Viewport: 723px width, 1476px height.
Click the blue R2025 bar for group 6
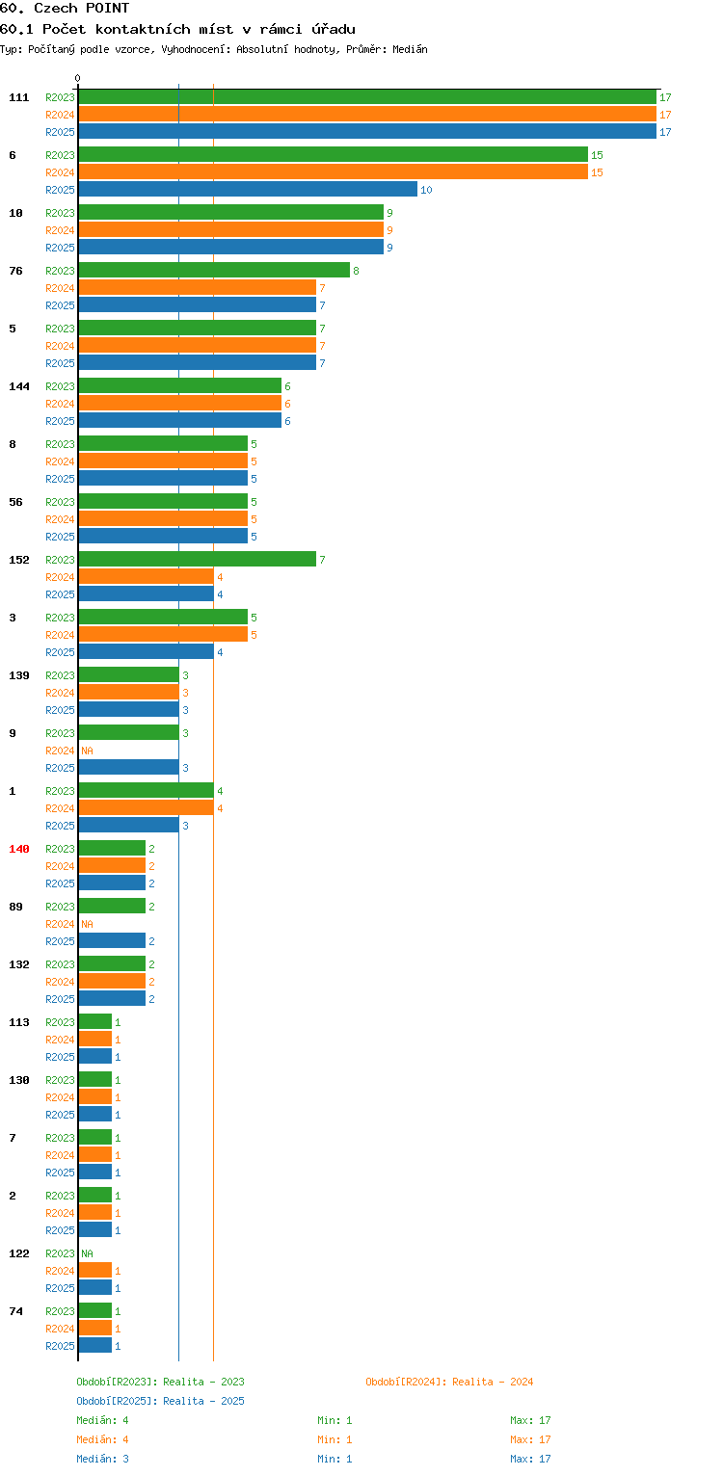coord(248,189)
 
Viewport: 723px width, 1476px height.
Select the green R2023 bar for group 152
coord(197,559)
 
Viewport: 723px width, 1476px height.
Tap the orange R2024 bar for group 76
coord(197,287)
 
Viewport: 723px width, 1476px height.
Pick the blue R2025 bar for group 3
coord(147,651)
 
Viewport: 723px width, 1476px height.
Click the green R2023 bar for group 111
coord(367,97)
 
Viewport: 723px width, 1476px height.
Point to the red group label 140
coord(19,849)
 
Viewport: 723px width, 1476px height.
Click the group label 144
coord(19,386)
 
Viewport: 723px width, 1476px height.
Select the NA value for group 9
coord(87,751)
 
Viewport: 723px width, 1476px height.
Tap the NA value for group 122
coord(87,1253)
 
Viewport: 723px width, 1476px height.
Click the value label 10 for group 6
coord(426,190)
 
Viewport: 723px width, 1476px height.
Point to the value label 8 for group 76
coord(356,271)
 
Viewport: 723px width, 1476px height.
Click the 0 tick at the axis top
coord(78,78)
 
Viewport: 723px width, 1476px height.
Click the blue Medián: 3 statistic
coord(102,1459)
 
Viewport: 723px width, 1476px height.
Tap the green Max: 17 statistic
coord(530,1420)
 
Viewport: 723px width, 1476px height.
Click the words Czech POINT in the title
coord(82,9)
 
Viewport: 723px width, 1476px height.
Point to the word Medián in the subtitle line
coord(410,49)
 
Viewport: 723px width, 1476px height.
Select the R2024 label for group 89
coord(60,924)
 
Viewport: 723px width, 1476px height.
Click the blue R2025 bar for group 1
coord(128,825)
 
